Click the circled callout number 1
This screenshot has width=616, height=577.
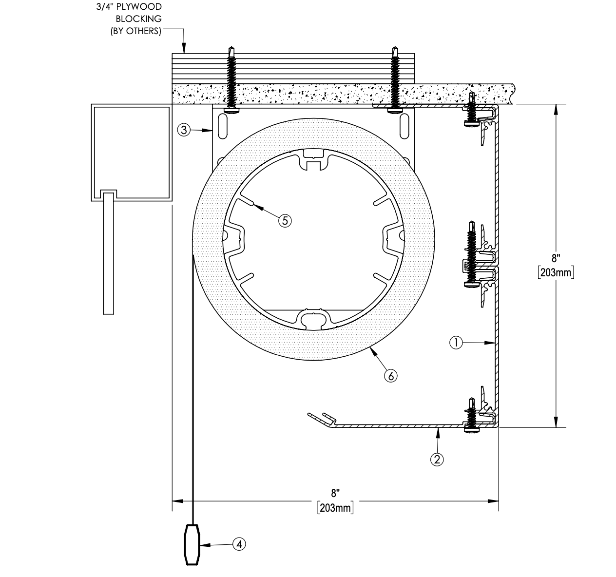[x=456, y=343]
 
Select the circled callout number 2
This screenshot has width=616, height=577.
[x=437, y=459]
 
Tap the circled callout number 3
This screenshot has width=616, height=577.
[x=184, y=130]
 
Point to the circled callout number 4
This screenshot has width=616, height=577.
[x=239, y=544]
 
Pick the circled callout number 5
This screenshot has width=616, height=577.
[x=285, y=221]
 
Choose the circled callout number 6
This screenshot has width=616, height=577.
[x=391, y=376]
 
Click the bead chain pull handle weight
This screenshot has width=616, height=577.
[x=192, y=545]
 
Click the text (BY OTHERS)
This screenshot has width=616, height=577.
[x=136, y=31]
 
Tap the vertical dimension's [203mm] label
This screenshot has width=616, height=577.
[x=556, y=272]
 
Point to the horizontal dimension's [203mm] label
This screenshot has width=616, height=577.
[x=335, y=508]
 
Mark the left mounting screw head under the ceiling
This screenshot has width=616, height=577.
[x=231, y=110]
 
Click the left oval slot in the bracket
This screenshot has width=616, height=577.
[x=223, y=126]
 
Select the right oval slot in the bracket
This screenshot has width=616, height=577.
[x=404, y=126]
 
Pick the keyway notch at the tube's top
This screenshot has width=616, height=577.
[x=313, y=159]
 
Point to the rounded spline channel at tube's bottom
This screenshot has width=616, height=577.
[x=313, y=320]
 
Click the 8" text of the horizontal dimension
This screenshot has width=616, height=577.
[x=335, y=493]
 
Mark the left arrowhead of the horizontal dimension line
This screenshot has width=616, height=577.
[x=178, y=501]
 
